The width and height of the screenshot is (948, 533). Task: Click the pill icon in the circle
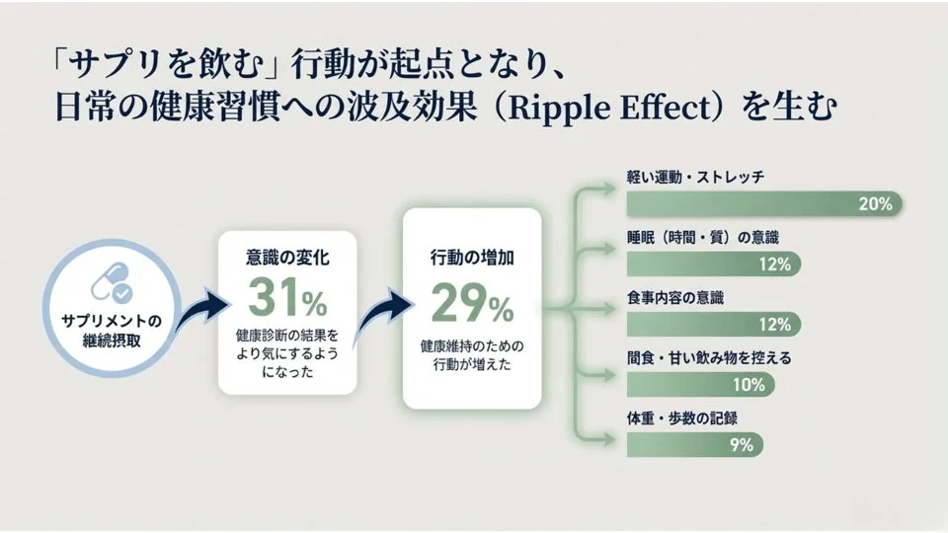click(110, 283)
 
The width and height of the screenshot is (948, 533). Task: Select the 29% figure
click(472, 303)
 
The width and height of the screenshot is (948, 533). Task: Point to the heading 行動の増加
click(472, 258)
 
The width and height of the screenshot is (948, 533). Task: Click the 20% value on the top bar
click(875, 204)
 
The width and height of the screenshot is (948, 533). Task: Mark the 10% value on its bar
click(748, 384)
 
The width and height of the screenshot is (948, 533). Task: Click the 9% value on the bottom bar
click(741, 444)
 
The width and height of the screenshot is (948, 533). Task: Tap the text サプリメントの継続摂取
click(110, 331)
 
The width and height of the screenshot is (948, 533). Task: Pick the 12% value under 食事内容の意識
click(774, 324)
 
